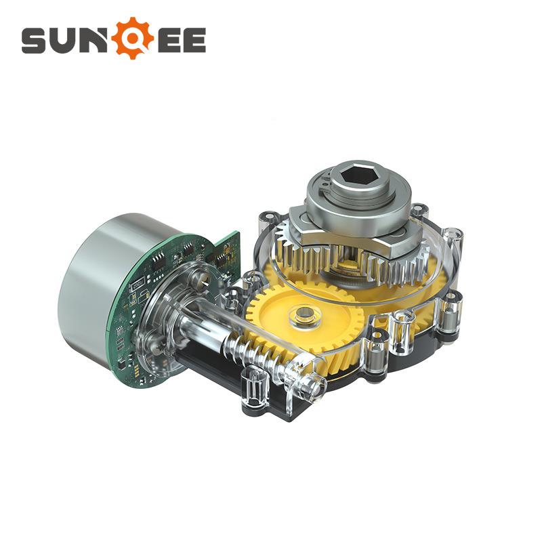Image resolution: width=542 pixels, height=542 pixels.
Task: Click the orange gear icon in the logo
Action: pyautogui.click(x=132, y=38)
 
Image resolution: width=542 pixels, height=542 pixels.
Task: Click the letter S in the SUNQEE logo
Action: pyautogui.click(x=33, y=41)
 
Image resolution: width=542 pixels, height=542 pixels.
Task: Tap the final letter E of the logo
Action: pyautogui.click(x=194, y=41)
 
